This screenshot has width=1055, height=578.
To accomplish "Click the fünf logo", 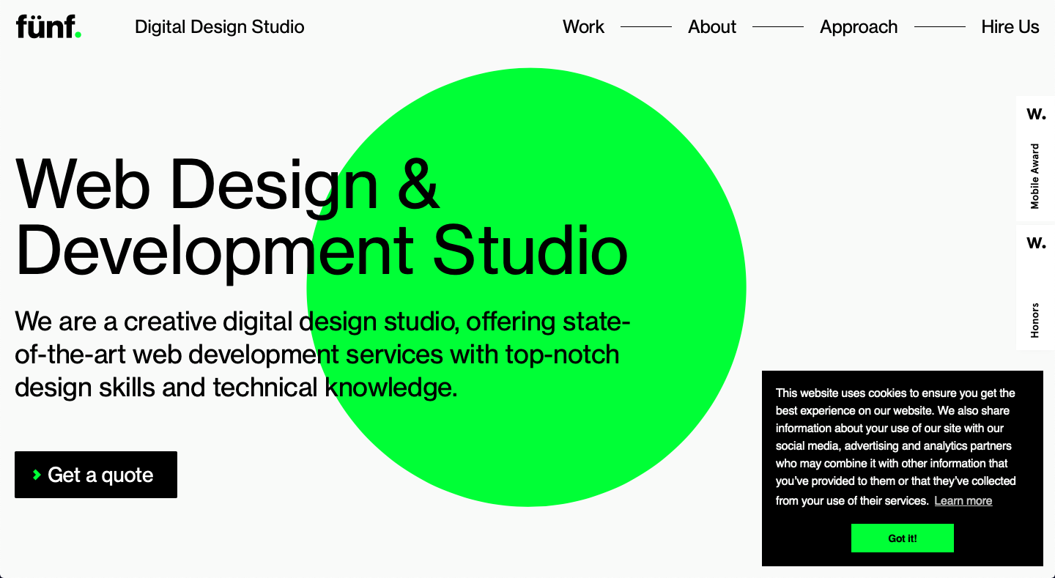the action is [48, 26].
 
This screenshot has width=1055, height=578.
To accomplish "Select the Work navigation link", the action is [583, 27].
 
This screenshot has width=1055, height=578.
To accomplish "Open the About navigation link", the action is [711, 27].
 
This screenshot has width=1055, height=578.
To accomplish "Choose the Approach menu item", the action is [859, 27].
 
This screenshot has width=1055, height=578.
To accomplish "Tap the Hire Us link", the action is [1010, 27].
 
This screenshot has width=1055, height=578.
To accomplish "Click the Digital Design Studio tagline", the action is [220, 27].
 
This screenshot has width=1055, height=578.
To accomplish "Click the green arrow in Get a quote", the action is [37, 475].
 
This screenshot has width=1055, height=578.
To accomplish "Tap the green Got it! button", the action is [903, 538].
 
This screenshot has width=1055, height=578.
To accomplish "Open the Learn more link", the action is [963, 501].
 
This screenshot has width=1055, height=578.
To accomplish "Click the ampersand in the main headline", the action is [418, 184].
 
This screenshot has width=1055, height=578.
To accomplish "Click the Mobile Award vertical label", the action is [1034, 176].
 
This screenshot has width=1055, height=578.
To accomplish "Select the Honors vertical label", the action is [1034, 320].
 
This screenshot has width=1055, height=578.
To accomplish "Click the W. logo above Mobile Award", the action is [1036, 114].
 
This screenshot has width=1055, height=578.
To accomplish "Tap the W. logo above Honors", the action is [1036, 242].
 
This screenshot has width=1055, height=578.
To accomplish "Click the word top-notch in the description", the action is [563, 355].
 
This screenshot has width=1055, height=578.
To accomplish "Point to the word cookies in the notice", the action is [887, 393].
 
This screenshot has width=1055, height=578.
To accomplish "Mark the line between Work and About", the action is [646, 27].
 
